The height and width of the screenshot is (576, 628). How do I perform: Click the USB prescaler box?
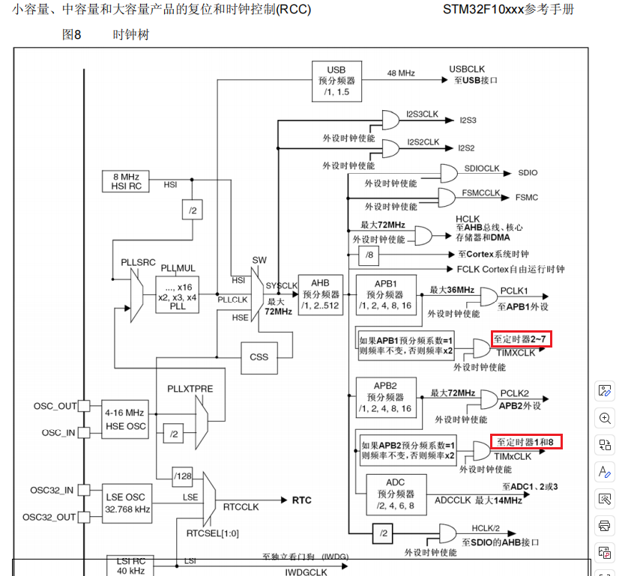(x=336, y=80)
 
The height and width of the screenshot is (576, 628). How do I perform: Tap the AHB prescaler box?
(x=321, y=294)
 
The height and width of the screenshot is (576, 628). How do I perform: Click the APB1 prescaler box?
(x=385, y=294)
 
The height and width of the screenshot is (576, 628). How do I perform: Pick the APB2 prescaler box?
(x=385, y=397)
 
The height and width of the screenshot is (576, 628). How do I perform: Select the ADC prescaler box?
(x=396, y=494)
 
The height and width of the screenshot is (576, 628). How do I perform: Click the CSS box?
(x=259, y=357)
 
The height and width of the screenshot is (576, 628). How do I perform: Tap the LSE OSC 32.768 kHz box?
(x=124, y=502)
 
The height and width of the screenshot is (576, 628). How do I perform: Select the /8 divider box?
(x=369, y=256)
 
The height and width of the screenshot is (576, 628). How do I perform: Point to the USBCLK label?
(x=467, y=69)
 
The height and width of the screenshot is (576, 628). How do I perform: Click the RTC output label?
(x=301, y=500)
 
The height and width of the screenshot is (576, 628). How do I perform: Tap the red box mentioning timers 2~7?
(x=522, y=338)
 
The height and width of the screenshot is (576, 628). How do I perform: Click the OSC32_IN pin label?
(x=52, y=491)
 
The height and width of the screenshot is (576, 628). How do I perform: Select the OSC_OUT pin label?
(x=55, y=406)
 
